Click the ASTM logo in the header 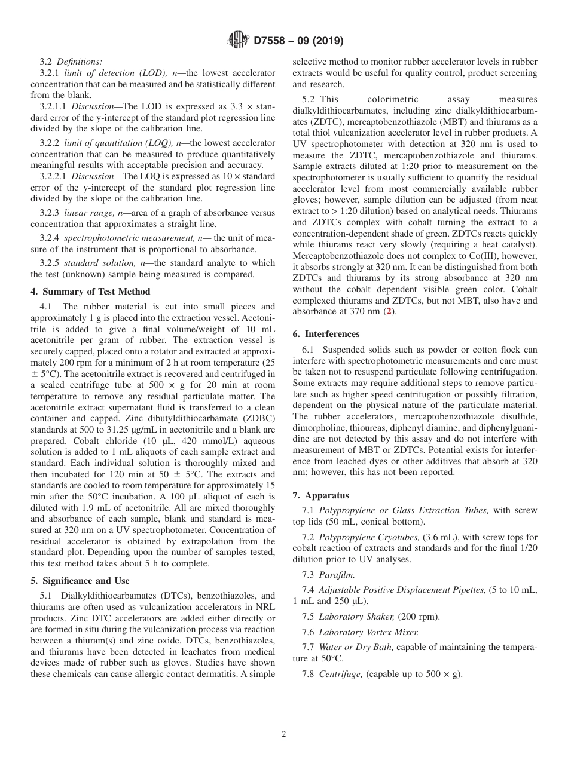[x=239, y=41]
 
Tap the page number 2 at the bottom [x=284, y=734]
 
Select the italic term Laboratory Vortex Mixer [x=368, y=632]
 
